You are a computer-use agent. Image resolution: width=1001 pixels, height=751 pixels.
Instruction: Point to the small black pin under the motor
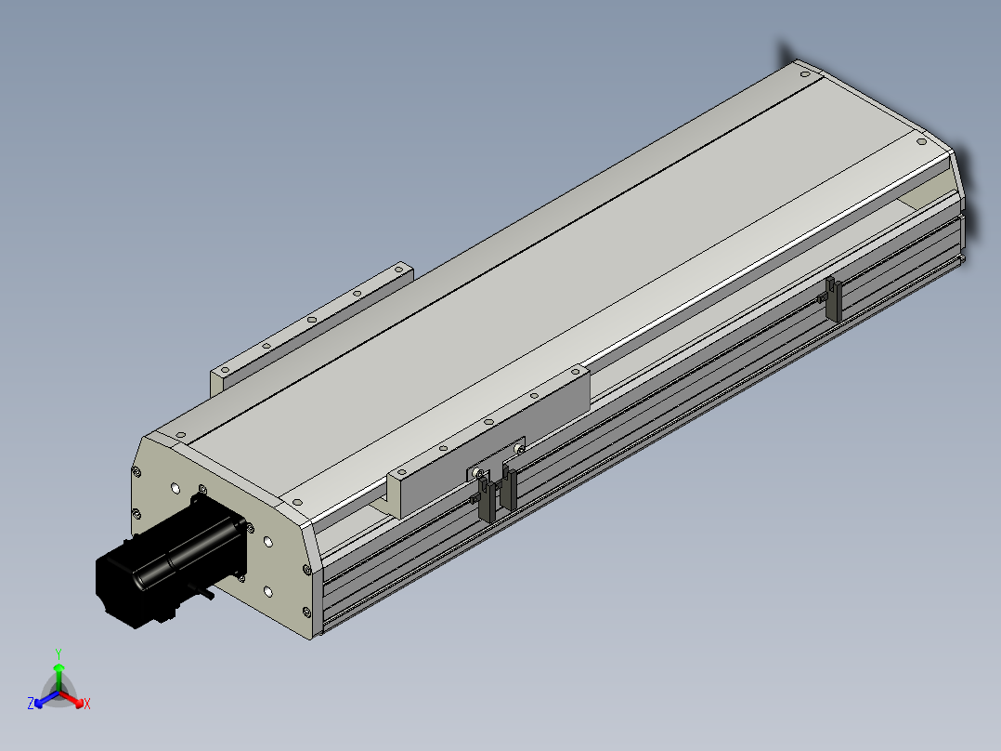[205, 594]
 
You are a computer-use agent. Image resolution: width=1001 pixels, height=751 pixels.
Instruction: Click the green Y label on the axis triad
[58, 654]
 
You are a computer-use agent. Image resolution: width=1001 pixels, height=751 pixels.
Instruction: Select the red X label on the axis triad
[87, 704]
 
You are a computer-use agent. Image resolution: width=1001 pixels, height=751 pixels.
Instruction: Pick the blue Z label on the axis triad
[31, 704]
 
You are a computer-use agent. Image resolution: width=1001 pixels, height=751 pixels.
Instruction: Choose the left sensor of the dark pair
[486, 498]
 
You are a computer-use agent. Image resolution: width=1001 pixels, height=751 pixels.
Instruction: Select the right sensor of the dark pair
[509, 489]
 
